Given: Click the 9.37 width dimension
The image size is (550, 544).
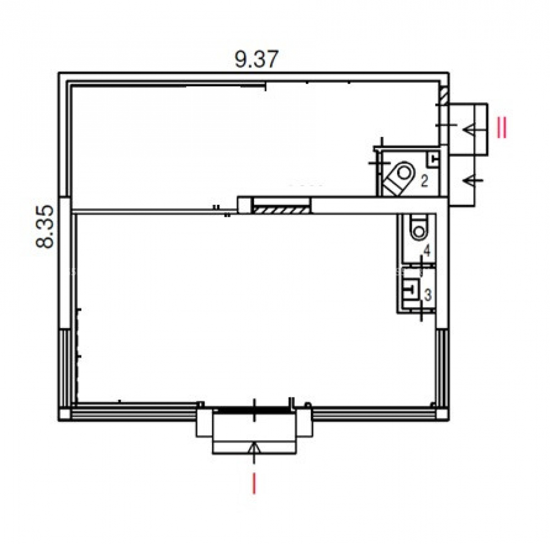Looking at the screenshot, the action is tap(256, 59).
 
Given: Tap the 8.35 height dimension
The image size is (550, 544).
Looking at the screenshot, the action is tap(46, 226).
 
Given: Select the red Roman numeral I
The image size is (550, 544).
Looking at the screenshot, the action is tap(254, 483).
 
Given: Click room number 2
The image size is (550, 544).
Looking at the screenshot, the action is tap(425, 182).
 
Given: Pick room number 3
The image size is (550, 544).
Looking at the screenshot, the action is tap(427, 295).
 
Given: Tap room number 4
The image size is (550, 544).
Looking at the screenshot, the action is tap(427, 251).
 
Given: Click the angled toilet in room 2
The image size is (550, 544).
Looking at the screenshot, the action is tap(398, 178).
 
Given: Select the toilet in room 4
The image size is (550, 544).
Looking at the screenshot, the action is tap(419, 227).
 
